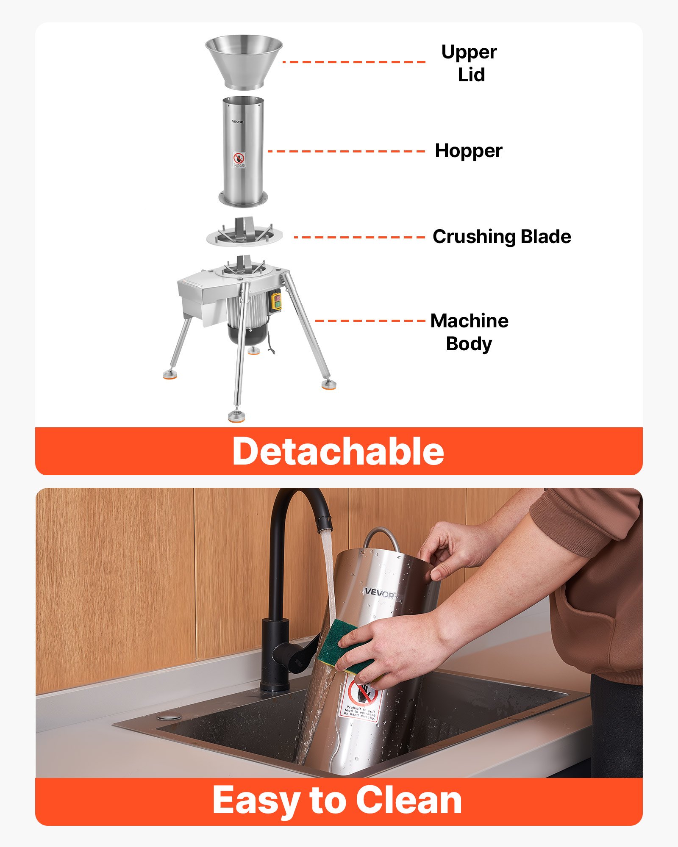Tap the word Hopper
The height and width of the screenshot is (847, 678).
tap(468, 151)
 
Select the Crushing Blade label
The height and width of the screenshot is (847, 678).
tap(501, 237)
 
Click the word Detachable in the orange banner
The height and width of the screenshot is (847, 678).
tap(338, 451)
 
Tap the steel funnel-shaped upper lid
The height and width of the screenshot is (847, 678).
tap(244, 61)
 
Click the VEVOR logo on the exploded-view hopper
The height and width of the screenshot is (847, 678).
tap(237, 122)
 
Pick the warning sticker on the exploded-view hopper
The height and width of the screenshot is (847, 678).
tap(239, 160)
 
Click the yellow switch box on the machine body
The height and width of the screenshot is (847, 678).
tap(276, 302)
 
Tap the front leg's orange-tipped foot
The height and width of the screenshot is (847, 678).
tap(236, 416)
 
